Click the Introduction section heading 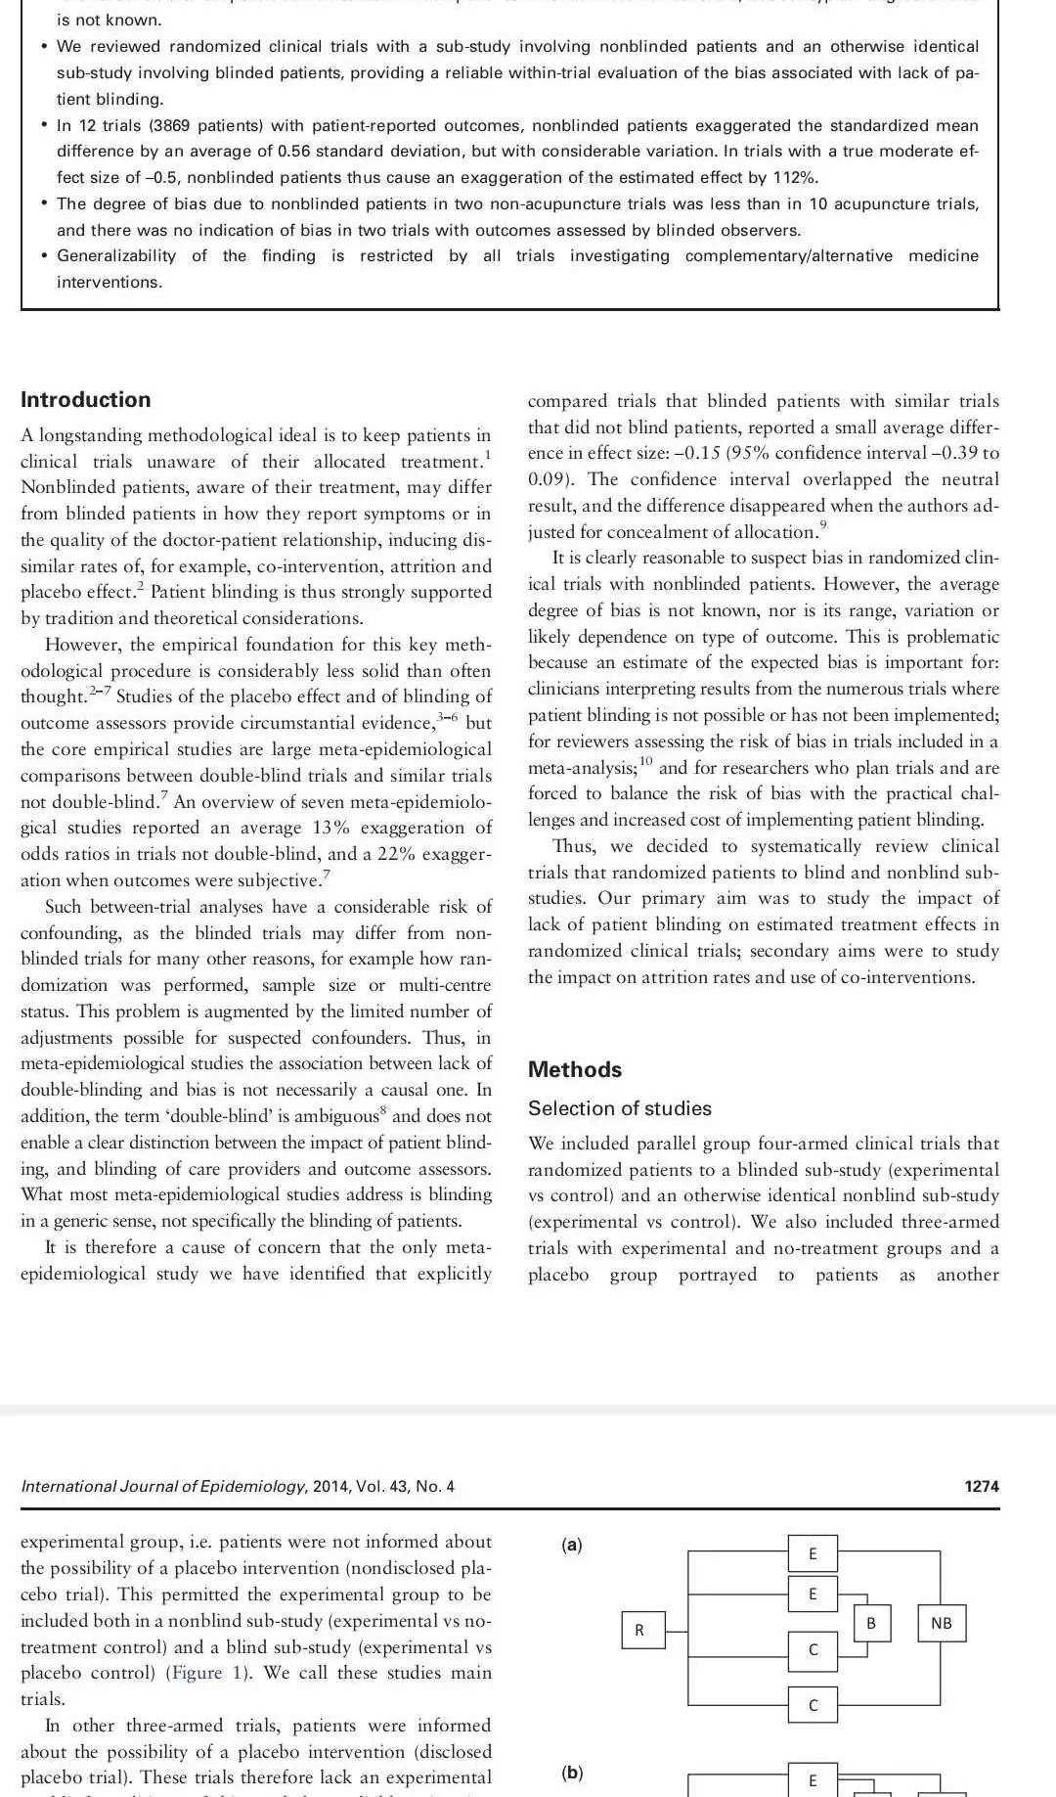coord(86,399)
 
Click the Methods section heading coord(575,1069)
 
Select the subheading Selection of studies coord(620,1108)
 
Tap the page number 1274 coord(982,1486)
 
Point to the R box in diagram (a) coord(639,1630)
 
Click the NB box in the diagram coord(941,1623)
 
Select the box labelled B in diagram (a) coord(870,1623)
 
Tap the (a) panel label coord(572,1545)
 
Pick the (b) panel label coord(572,1772)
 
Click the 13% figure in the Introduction coord(333,828)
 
